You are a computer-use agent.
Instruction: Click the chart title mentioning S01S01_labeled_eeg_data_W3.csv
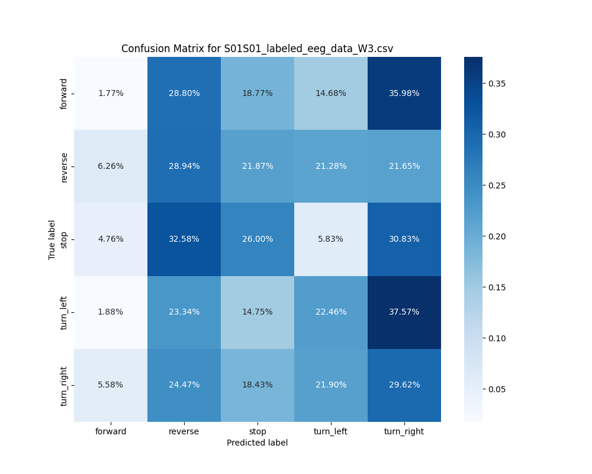pyautogui.click(x=257, y=49)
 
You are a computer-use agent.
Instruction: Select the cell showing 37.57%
pyautogui.click(x=404, y=312)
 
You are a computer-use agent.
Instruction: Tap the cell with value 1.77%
pyautogui.click(x=111, y=93)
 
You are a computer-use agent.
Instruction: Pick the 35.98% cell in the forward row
pyautogui.click(x=404, y=93)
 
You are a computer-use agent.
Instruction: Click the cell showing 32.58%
pyautogui.click(x=184, y=239)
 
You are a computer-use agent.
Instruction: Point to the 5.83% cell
pyautogui.click(x=330, y=239)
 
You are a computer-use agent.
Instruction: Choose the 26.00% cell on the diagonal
pyautogui.click(x=258, y=239)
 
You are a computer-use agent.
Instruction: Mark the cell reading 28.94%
pyautogui.click(x=184, y=166)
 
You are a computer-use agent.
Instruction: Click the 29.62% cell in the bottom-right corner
pyautogui.click(x=404, y=385)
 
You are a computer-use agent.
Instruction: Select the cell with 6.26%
pyautogui.click(x=111, y=166)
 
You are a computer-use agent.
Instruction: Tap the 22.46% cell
pyautogui.click(x=330, y=312)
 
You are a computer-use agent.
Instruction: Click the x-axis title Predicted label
pyautogui.click(x=257, y=443)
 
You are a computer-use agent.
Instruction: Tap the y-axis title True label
pyautogui.click(x=52, y=239)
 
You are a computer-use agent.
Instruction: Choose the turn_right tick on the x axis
pyautogui.click(x=404, y=431)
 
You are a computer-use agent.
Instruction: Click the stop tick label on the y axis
pyautogui.click(x=64, y=239)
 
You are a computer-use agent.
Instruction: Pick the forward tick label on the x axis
pyautogui.click(x=111, y=431)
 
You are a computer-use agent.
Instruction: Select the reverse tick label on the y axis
pyautogui.click(x=64, y=166)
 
